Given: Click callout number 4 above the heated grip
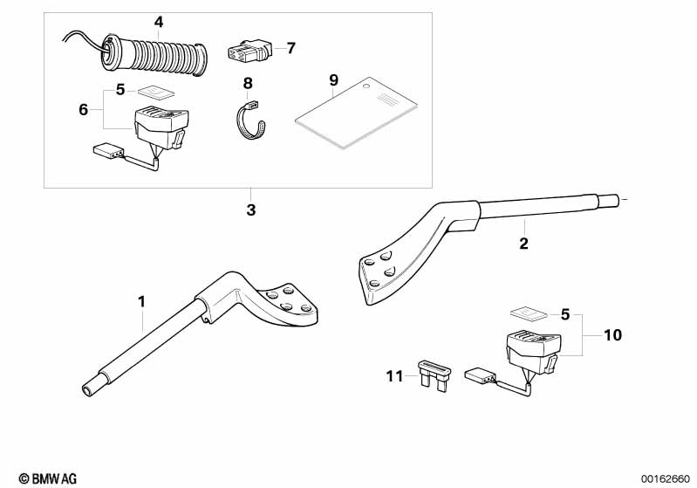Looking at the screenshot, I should tap(158, 22).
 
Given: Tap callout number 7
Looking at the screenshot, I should tap(290, 47).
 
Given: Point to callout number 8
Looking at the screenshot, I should tap(248, 83).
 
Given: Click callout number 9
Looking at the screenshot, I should tap(333, 80).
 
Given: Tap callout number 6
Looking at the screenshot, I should tap(84, 109).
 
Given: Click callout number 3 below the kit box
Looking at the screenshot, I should tap(251, 210).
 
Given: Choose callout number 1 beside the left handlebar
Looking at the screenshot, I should tap(141, 301).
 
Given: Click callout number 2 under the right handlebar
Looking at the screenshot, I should tap(523, 244).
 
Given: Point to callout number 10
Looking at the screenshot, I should tap(612, 334).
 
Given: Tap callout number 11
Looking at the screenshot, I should tap(395, 376).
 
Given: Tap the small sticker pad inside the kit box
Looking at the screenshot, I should tap(157, 90).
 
